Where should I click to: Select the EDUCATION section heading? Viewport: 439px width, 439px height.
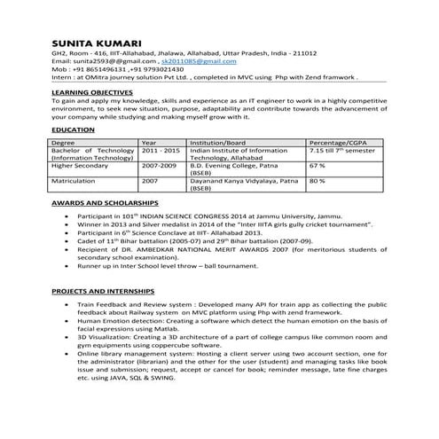(73, 130)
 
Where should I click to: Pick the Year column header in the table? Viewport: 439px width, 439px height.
(149, 143)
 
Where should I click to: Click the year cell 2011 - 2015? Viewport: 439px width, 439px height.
(161, 151)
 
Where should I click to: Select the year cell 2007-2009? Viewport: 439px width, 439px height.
(160, 166)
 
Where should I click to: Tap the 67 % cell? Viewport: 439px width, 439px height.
(317, 166)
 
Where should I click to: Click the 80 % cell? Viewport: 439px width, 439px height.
(317, 180)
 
